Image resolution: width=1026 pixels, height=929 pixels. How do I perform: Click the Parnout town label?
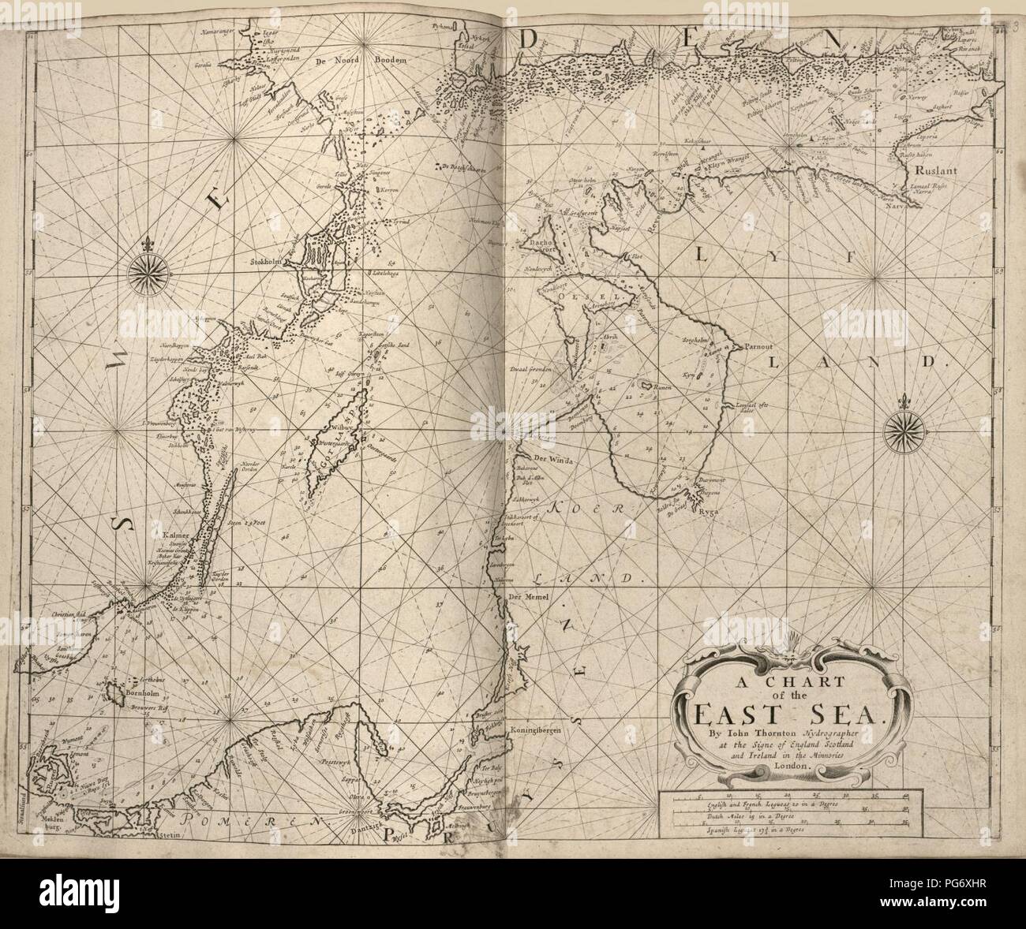tap(759, 346)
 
